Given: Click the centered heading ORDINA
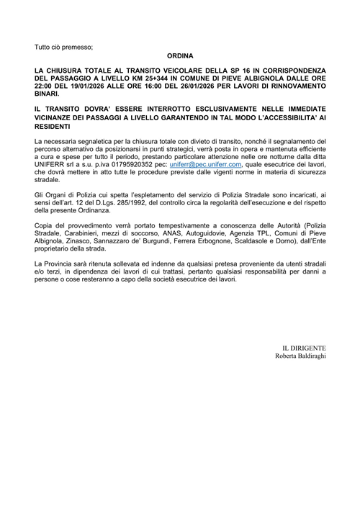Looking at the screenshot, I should pyautogui.click(x=180, y=55).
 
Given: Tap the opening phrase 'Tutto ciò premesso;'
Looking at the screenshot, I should pyautogui.click(x=64, y=47).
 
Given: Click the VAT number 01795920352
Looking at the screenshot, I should pyautogui.click(x=130, y=165).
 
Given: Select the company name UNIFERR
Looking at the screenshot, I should pyautogui.click(x=51, y=165).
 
